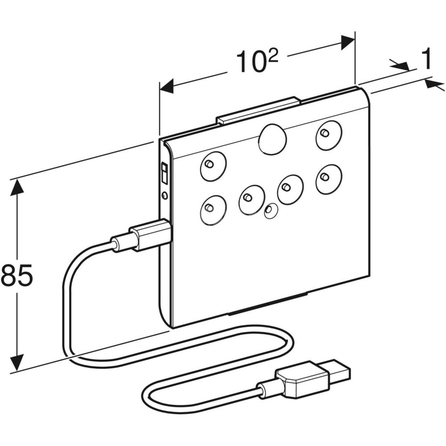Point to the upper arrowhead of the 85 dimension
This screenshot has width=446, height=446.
[17, 186]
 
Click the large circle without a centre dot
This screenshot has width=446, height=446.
[272, 139]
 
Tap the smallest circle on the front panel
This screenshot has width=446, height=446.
[270, 211]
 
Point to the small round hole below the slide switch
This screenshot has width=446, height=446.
[165, 195]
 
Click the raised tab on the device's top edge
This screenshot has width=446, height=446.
[258, 111]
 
